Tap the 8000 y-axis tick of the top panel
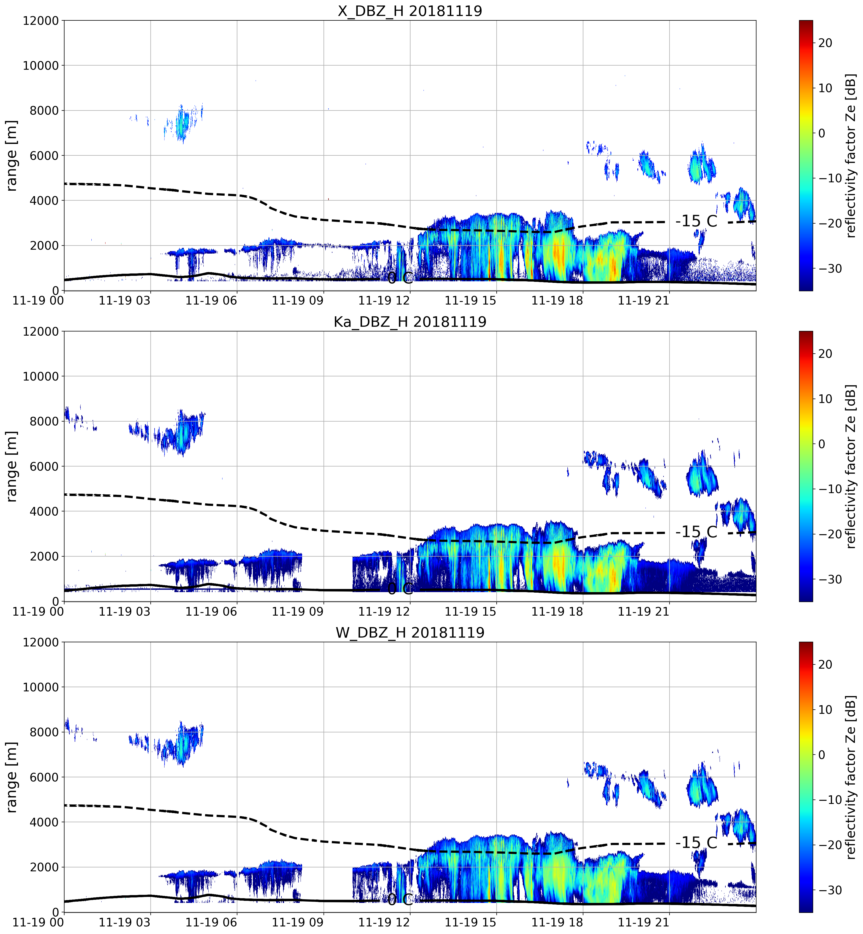tap(41, 111)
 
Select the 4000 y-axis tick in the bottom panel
tap(41, 822)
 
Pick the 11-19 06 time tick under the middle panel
tap(211, 611)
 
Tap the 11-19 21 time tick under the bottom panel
tap(643, 922)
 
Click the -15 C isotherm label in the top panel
tap(696, 221)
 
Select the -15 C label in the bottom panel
tap(696, 843)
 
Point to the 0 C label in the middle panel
tap(400, 589)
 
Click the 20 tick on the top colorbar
tap(825, 43)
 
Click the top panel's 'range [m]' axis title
tap(11, 155)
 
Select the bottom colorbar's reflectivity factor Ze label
tap(851, 777)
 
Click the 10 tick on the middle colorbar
tap(825, 399)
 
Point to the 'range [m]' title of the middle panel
tap(11, 466)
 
